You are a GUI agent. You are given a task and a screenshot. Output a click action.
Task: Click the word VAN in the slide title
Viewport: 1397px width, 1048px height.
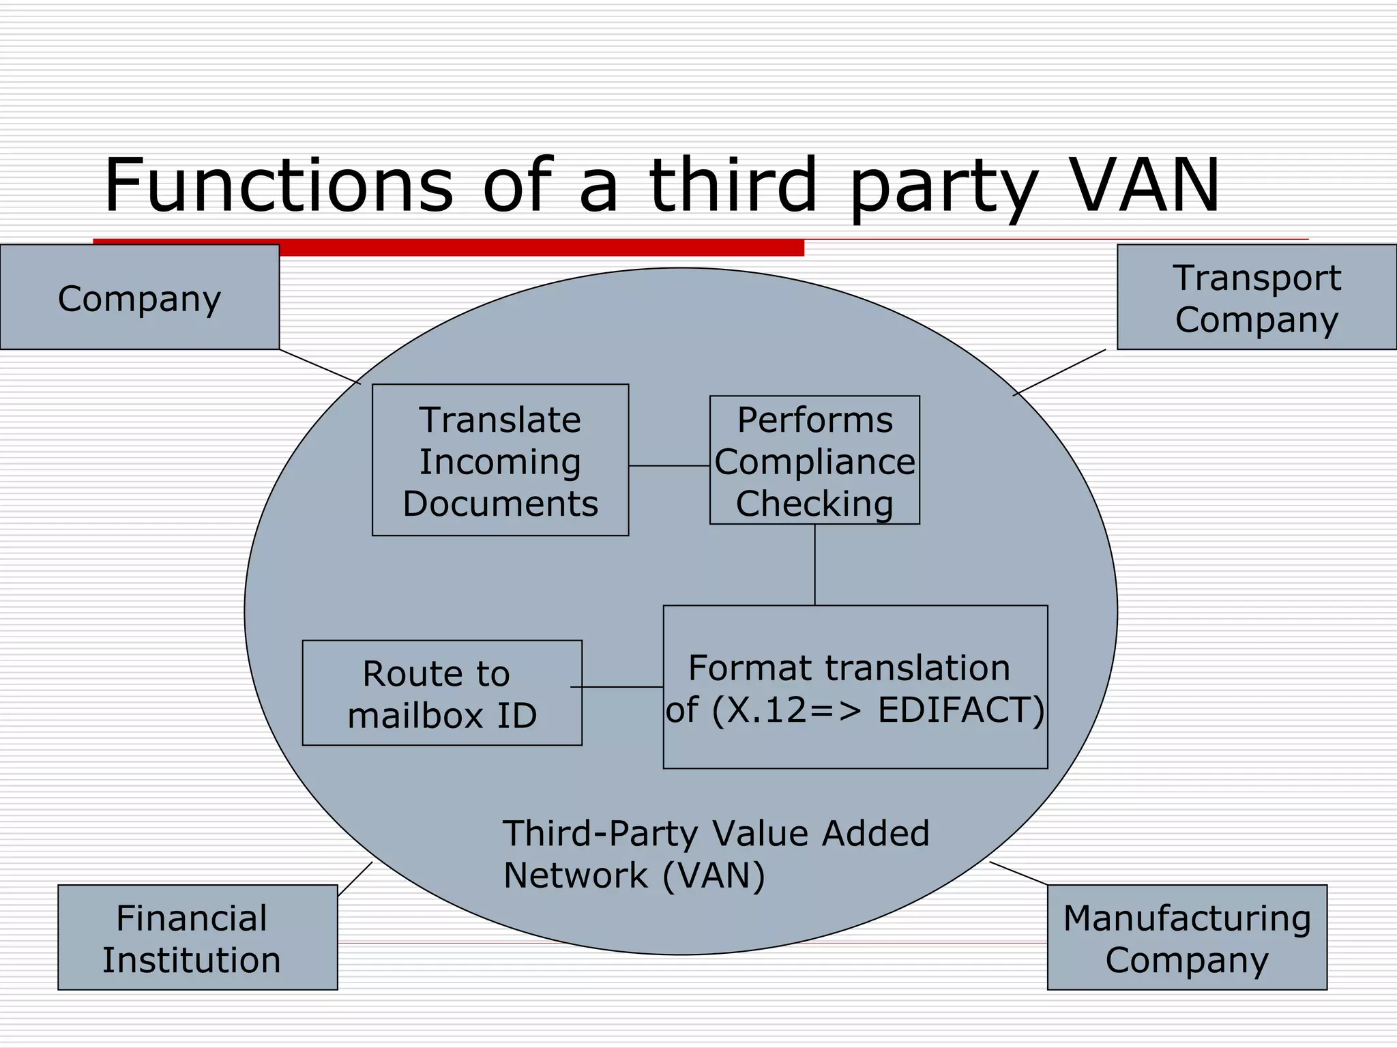click(1145, 185)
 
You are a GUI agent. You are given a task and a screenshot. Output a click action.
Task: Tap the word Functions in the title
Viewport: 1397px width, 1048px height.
click(278, 185)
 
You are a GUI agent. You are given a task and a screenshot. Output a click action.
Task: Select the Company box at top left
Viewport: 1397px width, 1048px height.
click(139, 297)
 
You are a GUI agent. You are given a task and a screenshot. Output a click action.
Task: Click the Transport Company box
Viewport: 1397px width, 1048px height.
click(1256, 297)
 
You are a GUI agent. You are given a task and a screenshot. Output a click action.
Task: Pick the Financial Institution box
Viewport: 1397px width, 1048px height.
click(197, 937)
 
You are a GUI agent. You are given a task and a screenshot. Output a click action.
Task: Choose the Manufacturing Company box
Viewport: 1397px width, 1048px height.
click(1187, 937)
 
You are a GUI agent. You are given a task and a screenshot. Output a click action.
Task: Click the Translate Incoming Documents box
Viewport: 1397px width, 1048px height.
click(500, 460)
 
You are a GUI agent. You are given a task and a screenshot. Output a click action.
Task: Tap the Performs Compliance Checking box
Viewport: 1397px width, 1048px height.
click(814, 460)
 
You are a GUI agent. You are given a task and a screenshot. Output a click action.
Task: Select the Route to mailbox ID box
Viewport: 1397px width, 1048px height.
click(442, 693)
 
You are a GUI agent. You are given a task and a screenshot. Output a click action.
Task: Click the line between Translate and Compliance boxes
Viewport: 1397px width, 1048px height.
click(668, 465)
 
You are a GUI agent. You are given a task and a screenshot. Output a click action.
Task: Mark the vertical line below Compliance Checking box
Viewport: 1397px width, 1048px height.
click(814, 564)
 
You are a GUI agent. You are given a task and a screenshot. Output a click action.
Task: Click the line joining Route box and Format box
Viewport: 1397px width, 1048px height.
click(617, 686)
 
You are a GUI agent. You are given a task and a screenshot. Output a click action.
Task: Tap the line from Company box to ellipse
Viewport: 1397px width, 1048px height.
click(320, 366)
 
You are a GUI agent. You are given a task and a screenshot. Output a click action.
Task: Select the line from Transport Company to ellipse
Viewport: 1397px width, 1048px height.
click(1059, 372)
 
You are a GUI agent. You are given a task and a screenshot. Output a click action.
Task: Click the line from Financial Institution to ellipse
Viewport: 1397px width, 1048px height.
click(355, 879)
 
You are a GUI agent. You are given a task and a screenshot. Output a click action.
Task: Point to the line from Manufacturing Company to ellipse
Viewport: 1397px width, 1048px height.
click(1018, 873)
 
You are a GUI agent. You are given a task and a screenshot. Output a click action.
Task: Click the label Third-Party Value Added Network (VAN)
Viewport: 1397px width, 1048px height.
click(715, 854)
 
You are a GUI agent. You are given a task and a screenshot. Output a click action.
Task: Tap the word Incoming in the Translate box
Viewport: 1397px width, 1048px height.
click(500, 462)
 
